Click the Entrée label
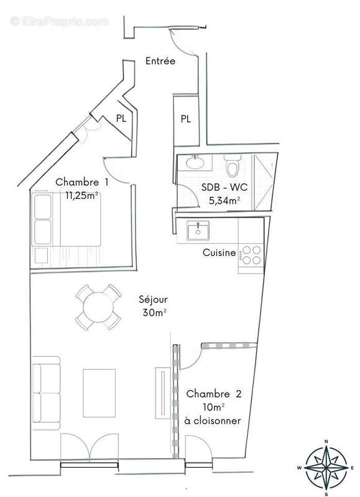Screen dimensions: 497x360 [x=160, y=61]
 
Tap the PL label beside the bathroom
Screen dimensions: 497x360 [x=186, y=119]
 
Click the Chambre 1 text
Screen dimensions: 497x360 [x=82, y=182]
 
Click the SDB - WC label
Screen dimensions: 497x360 [x=221, y=188]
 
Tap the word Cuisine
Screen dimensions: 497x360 [x=219, y=253]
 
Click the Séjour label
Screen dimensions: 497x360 [x=153, y=299]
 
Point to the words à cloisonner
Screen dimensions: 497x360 [x=213, y=421]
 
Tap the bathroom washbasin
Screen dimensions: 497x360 [x=196, y=162]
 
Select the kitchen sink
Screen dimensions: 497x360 [x=198, y=230]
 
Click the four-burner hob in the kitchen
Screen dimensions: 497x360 [x=251, y=255]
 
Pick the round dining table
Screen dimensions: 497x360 [x=98, y=307]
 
